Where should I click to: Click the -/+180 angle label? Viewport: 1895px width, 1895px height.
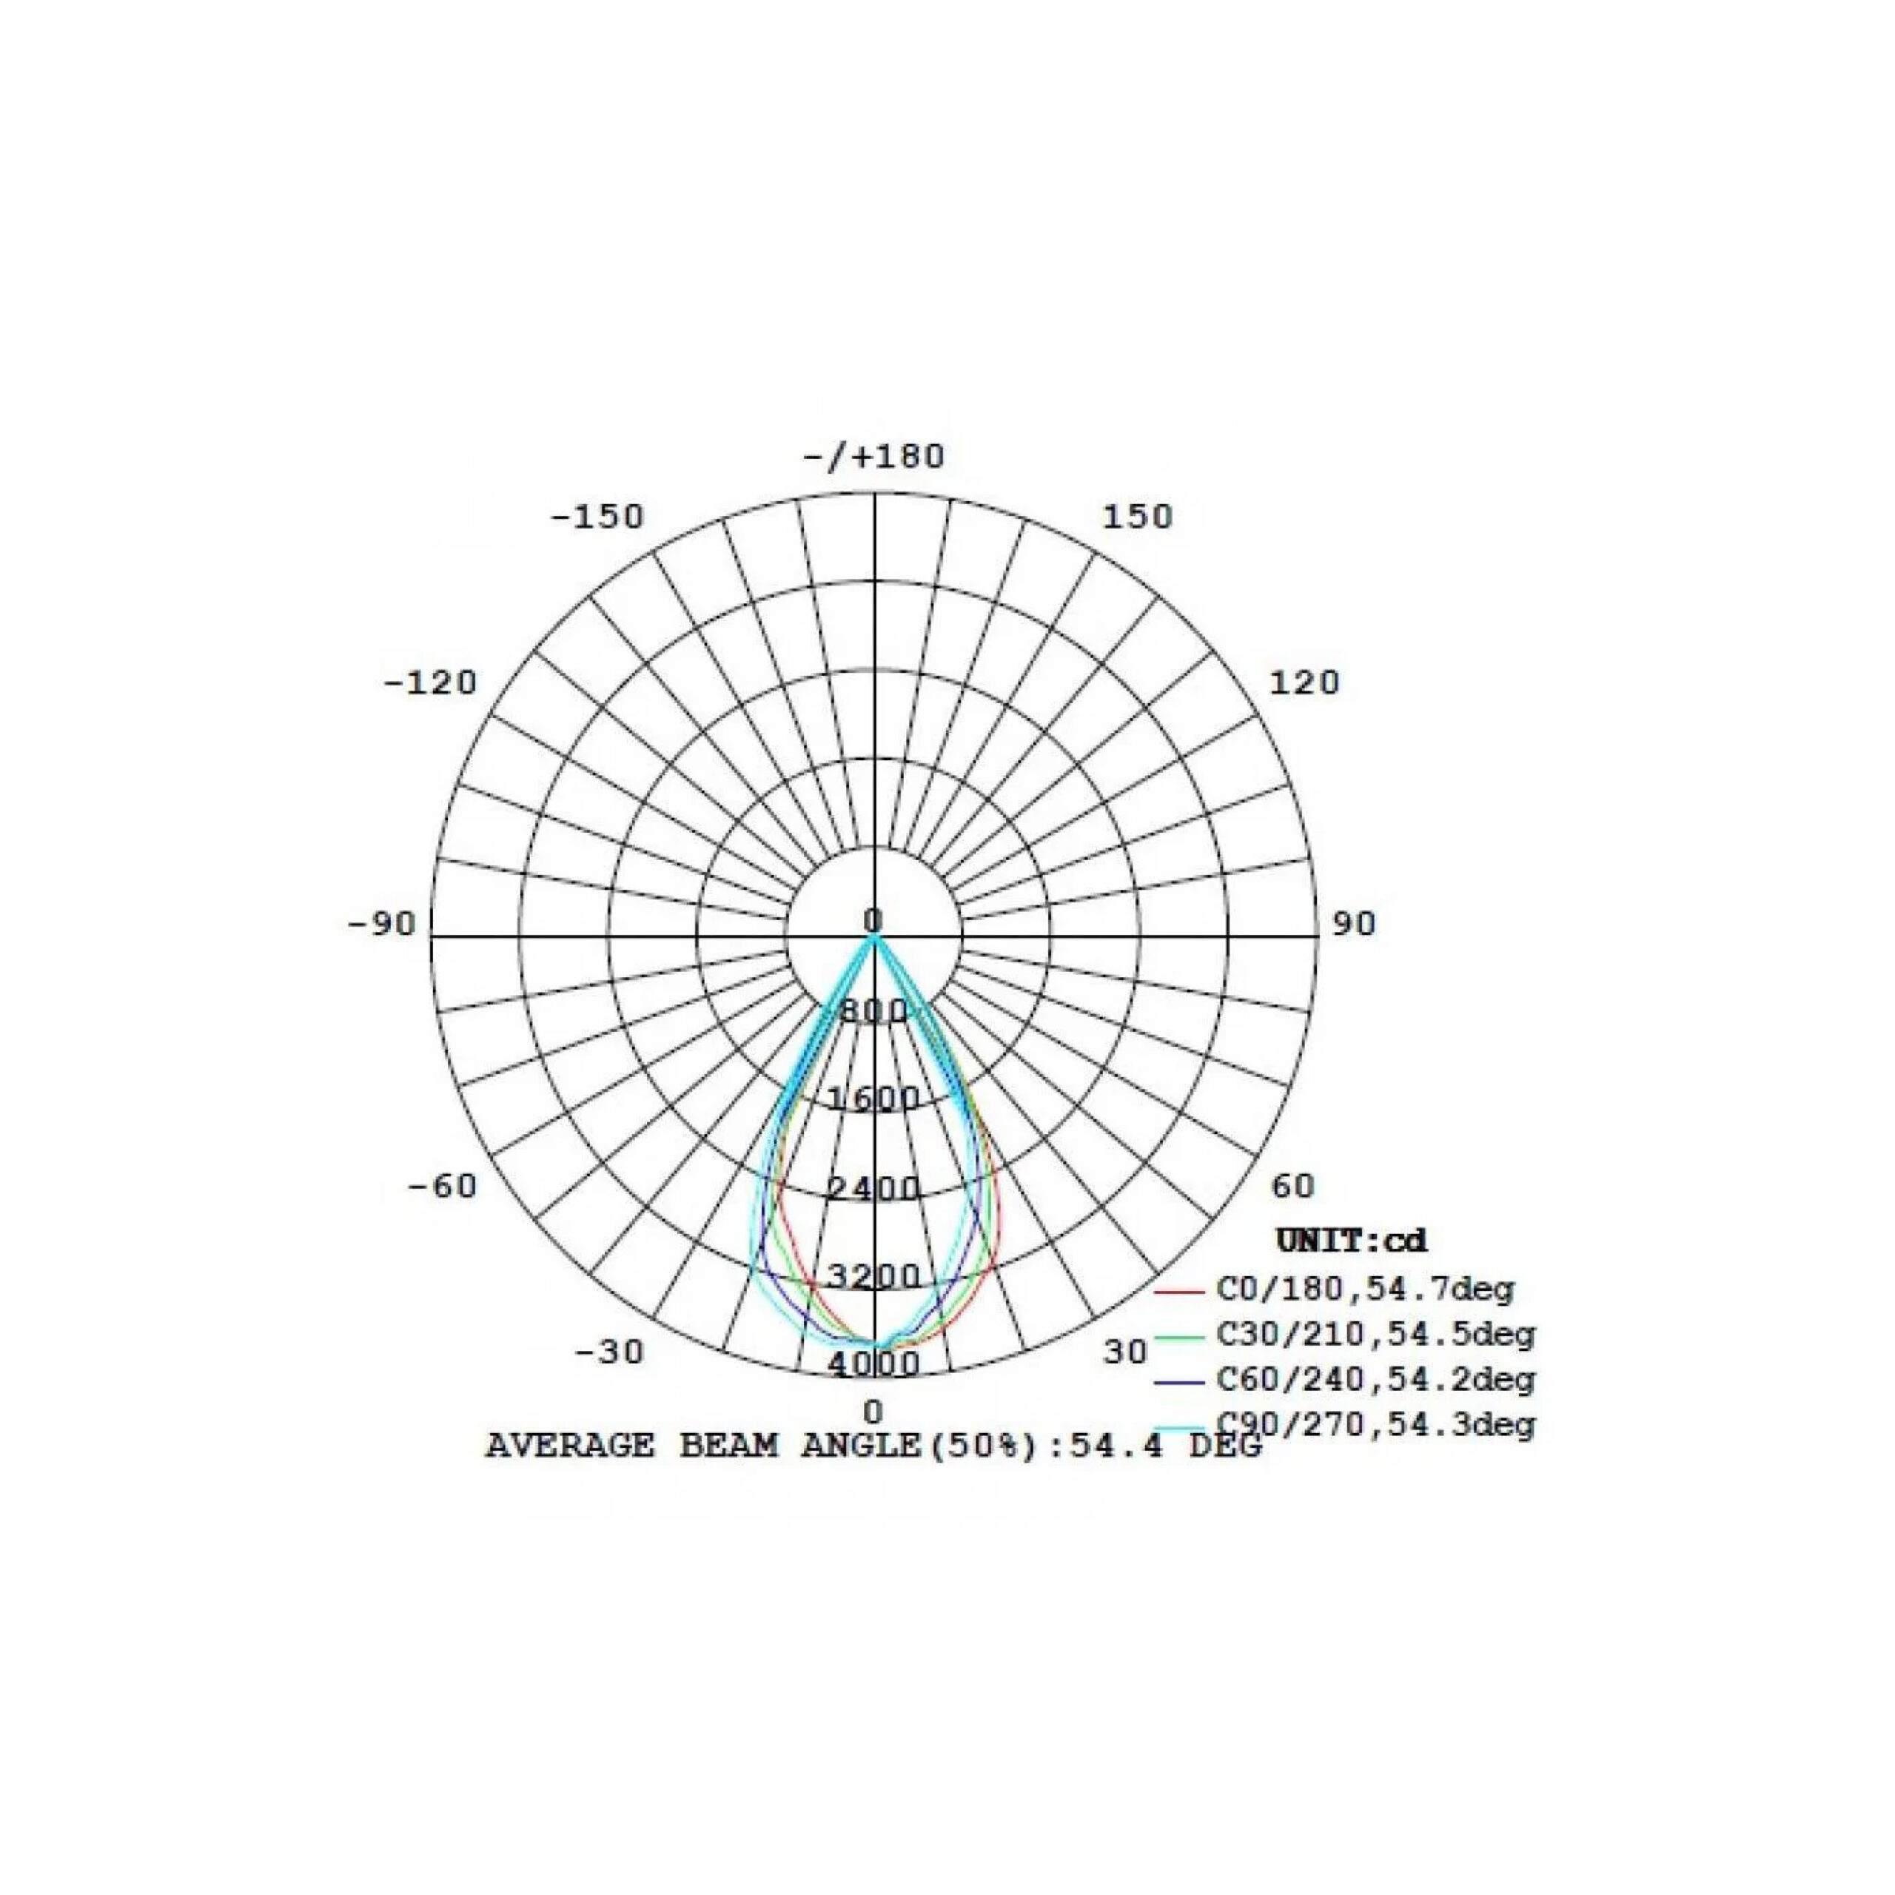click(874, 457)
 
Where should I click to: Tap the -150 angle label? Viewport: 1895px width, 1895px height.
click(597, 516)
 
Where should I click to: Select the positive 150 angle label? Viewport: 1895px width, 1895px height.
click(1138, 516)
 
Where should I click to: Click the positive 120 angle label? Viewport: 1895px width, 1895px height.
click(1304, 682)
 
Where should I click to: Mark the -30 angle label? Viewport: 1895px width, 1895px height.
click(609, 1352)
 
